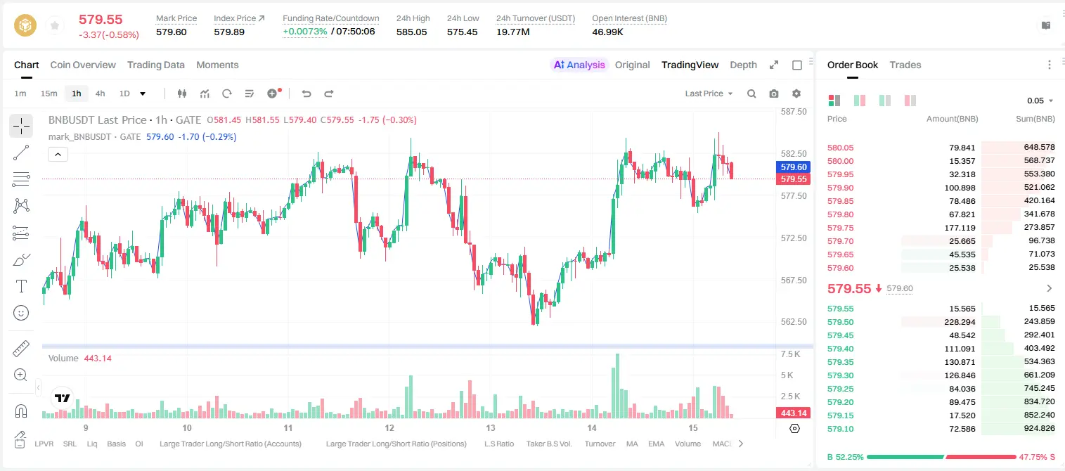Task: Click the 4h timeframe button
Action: [100, 93]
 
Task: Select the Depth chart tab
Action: [743, 65]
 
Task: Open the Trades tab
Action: [905, 65]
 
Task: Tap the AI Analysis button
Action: [579, 65]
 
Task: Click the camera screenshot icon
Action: [773, 93]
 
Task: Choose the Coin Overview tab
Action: [83, 65]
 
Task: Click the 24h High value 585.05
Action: [412, 32]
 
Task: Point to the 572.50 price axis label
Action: [794, 238]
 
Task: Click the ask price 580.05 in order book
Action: [840, 148]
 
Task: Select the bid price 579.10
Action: [840, 429]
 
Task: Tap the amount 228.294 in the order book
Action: [960, 322]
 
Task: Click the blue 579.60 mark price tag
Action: [793, 167]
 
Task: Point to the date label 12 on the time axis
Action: [389, 427]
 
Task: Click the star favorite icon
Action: [55, 25]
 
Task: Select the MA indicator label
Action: [632, 444]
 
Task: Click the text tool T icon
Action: [21, 286]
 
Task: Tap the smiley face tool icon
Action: [21, 313]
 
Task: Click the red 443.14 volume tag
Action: [793, 413]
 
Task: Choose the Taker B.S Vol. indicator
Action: [548, 444]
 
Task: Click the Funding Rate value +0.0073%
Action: [305, 32]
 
